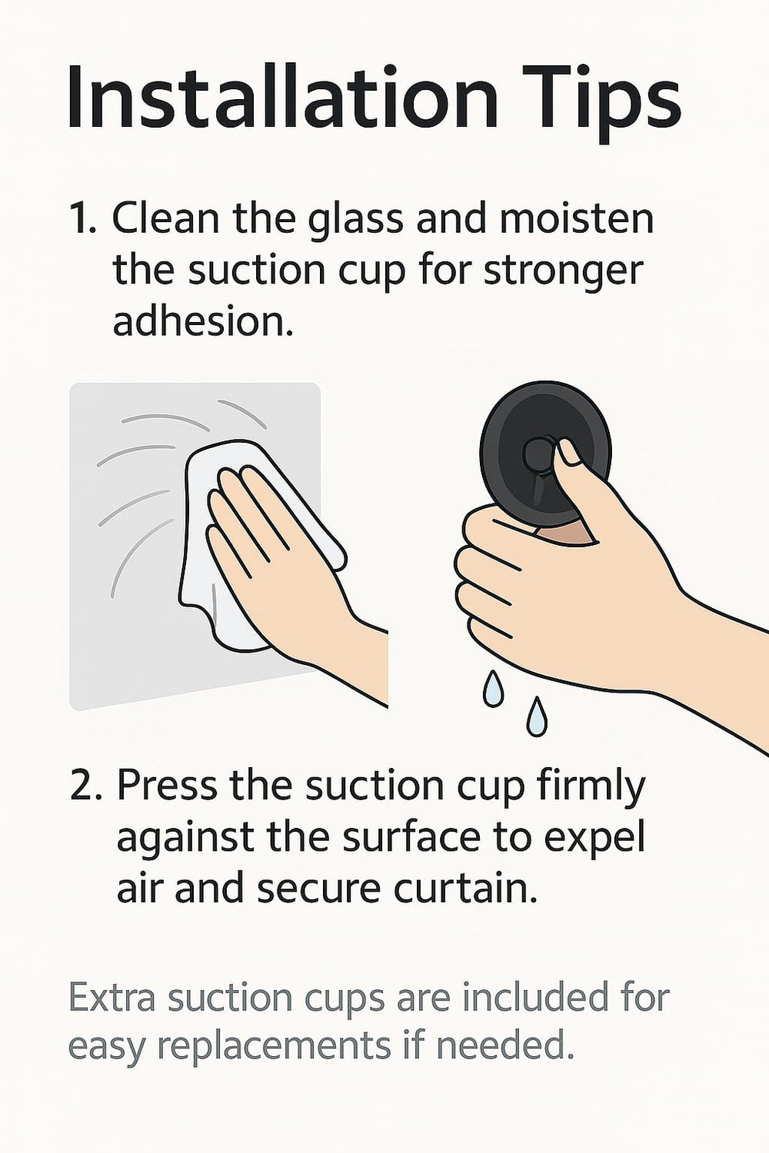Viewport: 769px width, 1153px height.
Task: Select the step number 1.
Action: [82, 219]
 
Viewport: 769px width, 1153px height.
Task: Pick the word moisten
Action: [576, 218]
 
